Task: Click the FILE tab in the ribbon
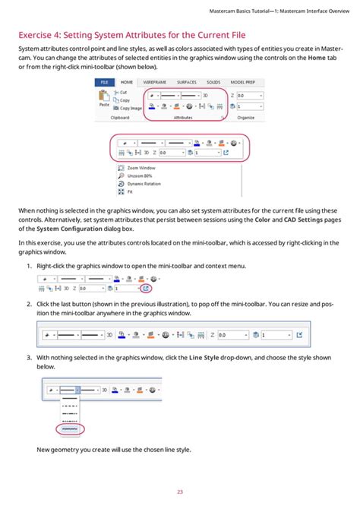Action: (x=104, y=82)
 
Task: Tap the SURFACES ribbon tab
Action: (x=187, y=82)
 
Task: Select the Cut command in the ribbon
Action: (x=122, y=92)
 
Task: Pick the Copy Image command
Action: (x=129, y=108)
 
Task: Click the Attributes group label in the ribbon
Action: (x=182, y=119)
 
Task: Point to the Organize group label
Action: (x=245, y=119)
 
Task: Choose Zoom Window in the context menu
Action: (x=142, y=166)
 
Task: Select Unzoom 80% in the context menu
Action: (x=141, y=175)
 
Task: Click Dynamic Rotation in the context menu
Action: (x=146, y=183)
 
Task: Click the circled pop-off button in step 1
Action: (x=146, y=289)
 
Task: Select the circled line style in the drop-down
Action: (x=71, y=428)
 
